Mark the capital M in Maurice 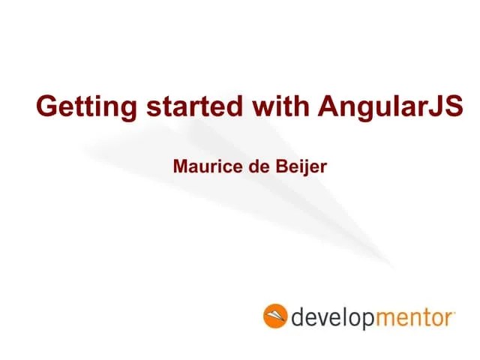[180, 165]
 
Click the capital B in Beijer [274, 165]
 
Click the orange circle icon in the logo [275, 316]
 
